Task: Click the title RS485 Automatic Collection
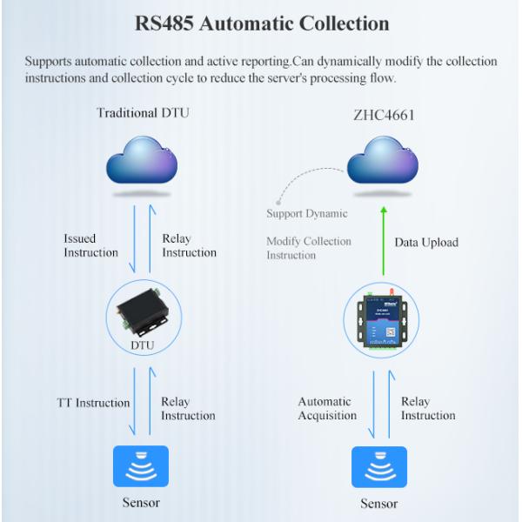[x=262, y=23]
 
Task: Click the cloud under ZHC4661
[x=383, y=165]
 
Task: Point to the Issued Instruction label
[x=90, y=245]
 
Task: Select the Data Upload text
[x=426, y=242]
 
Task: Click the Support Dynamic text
[x=306, y=213]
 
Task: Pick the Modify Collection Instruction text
[x=308, y=248]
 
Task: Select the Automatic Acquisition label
[x=327, y=409]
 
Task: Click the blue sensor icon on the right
[x=379, y=467]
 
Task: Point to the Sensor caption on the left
[x=140, y=503]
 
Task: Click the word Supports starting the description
[x=49, y=62]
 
